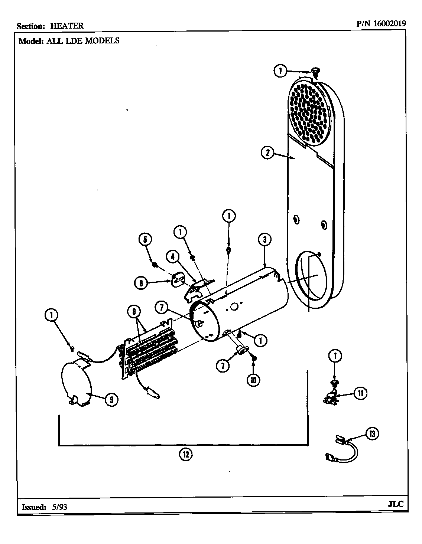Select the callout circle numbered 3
264,240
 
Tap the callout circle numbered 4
173,256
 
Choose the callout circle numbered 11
360,393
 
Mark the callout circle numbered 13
373,433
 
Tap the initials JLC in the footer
395,505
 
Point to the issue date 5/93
60,507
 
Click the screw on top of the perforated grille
316,71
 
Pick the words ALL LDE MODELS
83,41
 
